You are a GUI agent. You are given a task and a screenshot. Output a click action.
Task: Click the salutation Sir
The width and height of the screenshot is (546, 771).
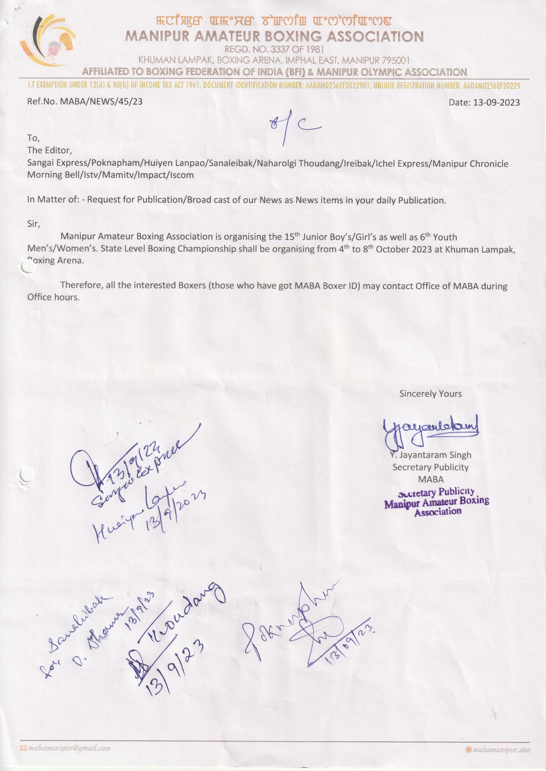pos(33,224)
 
